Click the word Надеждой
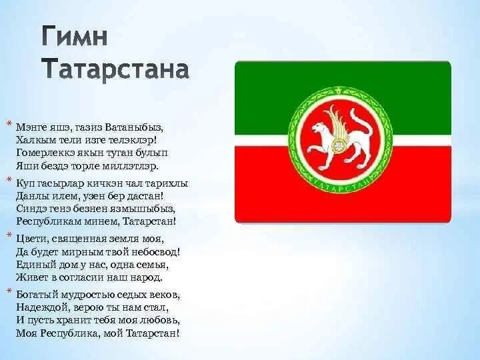click(x=40, y=307)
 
